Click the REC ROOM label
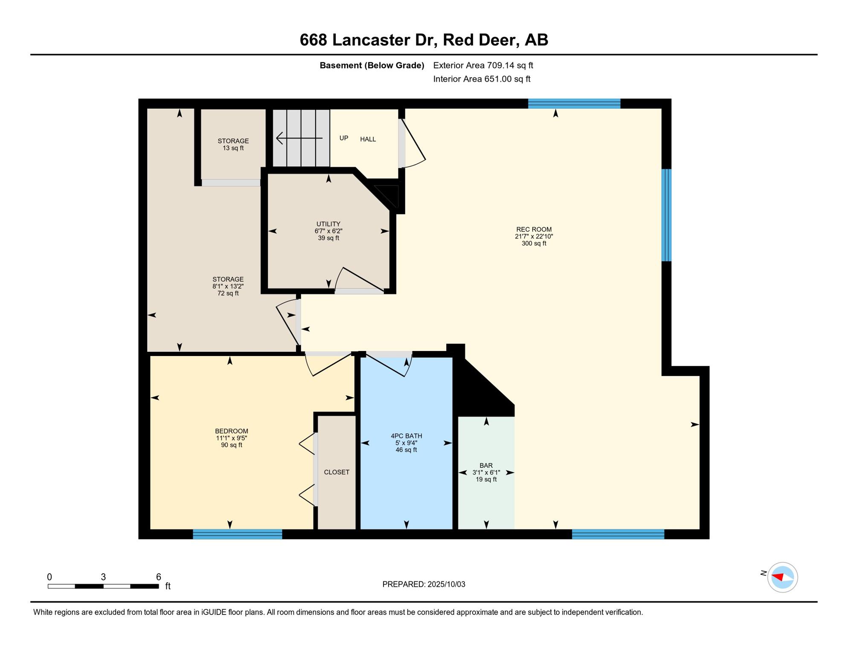[534, 229]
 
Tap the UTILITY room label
[328, 224]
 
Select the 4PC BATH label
[406, 436]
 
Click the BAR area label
[486, 466]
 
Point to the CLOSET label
[337, 472]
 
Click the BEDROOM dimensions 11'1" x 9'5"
[231, 438]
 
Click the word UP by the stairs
[344, 138]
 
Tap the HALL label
[368, 139]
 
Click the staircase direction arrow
[299, 138]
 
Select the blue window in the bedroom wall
[237, 534]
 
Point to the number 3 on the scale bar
[103, 577]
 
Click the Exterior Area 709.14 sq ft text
[483, 65]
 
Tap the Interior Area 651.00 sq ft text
[482, 79]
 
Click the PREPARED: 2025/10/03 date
[424, 584]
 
